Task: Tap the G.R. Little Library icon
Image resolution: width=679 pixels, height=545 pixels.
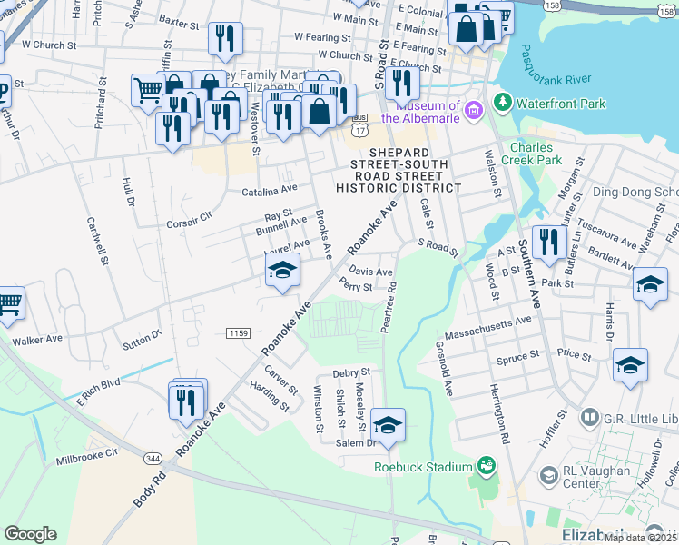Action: [589, 418]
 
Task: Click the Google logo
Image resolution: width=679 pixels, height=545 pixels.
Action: [30, 534]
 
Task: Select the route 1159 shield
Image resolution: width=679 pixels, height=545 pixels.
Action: [238, 334]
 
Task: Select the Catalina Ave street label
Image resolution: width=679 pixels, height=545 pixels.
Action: [269, 191]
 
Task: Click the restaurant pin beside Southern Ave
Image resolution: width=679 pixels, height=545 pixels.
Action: [548, 242]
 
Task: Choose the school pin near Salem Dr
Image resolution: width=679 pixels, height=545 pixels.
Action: [388, 424]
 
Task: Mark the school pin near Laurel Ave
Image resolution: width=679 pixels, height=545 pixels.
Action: [282, 270]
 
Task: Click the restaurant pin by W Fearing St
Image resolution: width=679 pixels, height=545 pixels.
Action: [224, 38]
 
